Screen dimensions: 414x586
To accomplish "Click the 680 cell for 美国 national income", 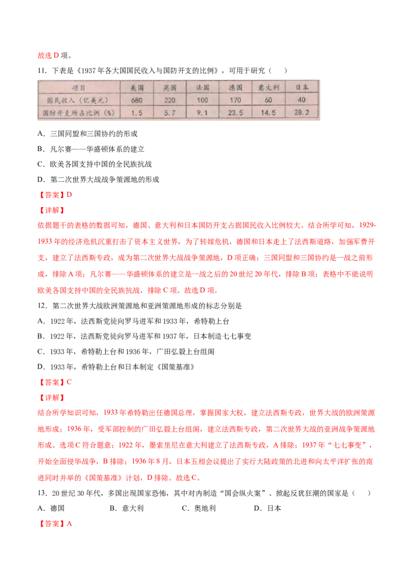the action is pos(137,100).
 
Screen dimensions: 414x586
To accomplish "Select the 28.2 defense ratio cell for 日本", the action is pos(302,112).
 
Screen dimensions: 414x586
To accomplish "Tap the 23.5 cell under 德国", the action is pos(235,112).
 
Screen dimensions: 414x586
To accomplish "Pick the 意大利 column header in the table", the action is pos(268,88).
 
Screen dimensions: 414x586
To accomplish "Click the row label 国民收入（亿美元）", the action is pos(78,100).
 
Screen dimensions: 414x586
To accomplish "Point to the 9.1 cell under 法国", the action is pos(202,112).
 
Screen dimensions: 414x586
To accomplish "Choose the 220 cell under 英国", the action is pos(170,100).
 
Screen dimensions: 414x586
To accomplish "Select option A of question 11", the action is pos(87,134).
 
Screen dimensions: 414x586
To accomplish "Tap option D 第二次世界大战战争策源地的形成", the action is pos(98,180).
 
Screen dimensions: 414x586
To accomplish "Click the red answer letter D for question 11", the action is pos(69,195).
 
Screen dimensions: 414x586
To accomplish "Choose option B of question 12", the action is pos(144,336).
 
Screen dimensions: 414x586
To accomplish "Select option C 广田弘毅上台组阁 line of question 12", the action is pos(126,351).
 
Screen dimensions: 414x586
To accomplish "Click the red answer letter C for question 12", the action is pos(69,383).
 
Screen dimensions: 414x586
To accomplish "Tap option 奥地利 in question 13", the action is pos(199,508).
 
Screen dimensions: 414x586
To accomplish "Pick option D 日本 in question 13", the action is pos(268,508).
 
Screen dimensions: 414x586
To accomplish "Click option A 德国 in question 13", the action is pos(51,508).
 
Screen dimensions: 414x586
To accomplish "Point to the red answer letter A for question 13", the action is pos(69,523).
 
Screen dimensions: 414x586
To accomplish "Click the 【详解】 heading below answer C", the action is pos(52,398).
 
